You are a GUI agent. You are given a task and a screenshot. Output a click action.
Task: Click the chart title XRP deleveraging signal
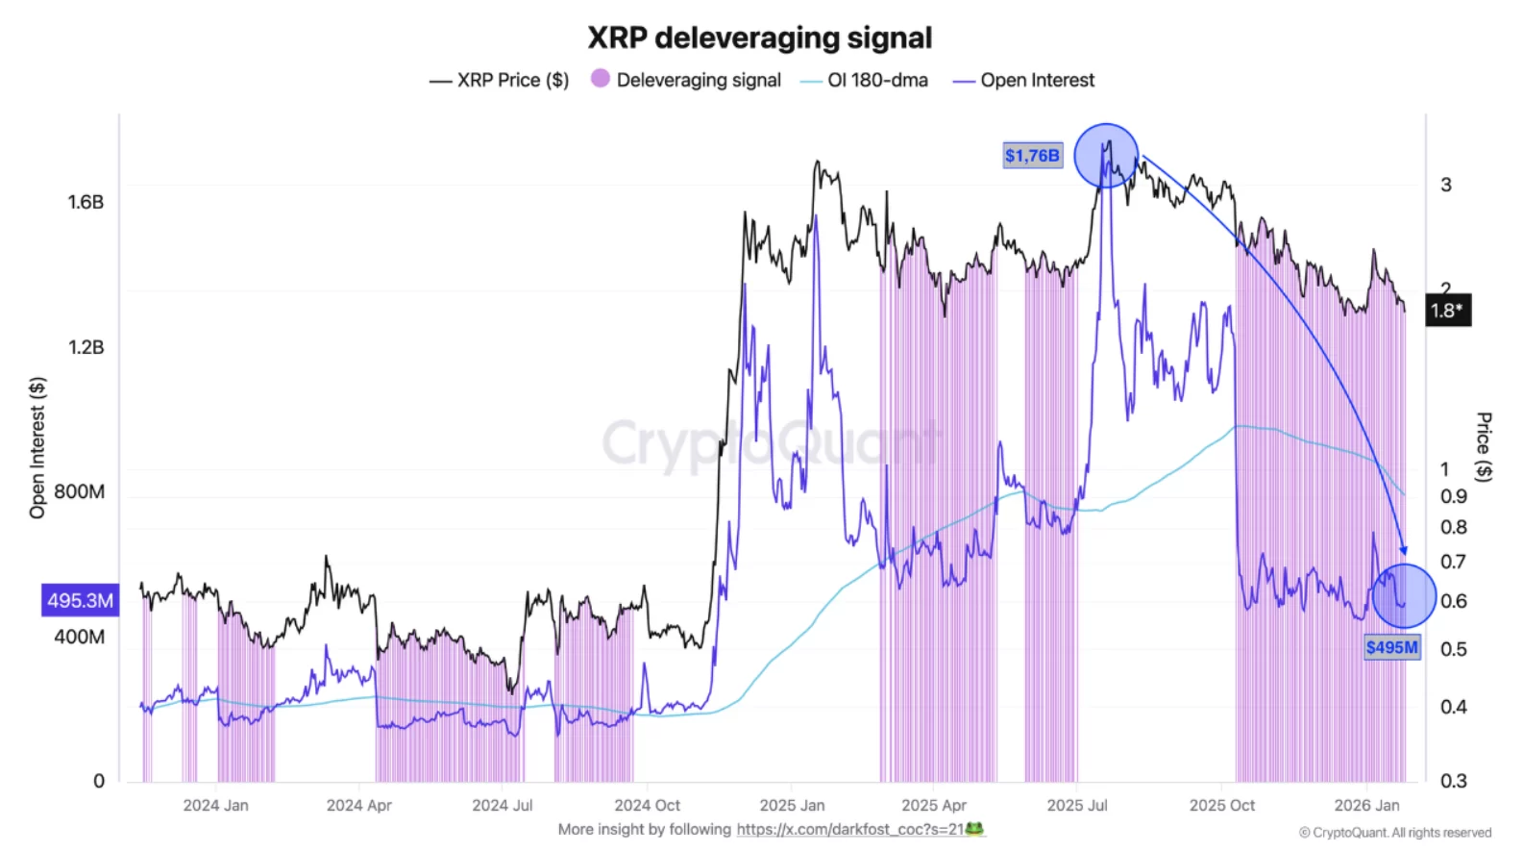[x=759, y=38]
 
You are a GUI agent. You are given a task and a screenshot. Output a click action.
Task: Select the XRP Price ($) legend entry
[x=500, y=81]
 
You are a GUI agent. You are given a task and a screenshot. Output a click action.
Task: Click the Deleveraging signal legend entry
[x=686, y=80]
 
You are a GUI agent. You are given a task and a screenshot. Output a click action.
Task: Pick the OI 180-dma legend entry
[x=864, y=81]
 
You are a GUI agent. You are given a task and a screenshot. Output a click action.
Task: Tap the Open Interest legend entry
[x=1023, y=81]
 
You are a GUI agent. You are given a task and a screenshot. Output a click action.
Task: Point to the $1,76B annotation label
[x=1032, y=156]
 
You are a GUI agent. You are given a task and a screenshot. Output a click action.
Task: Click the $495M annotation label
[x=1391, y=647]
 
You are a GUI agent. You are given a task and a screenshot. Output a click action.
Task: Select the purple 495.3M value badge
[x=80, y=600]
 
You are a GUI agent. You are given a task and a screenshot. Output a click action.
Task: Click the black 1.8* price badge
[x=1446, y=311]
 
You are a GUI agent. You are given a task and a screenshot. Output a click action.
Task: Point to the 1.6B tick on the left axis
[x=86, y=202]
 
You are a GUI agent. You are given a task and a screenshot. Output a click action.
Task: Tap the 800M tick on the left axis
[x=80, y=491]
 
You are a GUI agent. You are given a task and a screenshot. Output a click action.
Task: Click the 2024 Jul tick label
[x=502, y=805]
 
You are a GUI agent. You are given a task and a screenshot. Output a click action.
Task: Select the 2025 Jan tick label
[x=792, y=805]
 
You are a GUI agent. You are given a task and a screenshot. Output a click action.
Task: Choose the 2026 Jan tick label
[x=1366, y=805]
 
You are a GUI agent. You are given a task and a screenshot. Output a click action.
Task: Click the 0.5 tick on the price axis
[x=1453, y=649]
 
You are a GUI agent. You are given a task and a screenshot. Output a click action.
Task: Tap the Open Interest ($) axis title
[x=37, y=447]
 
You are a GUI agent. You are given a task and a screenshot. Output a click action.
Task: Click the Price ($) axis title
[x=1484, y=446]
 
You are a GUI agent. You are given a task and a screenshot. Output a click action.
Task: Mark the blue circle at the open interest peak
[x=1106, y=155]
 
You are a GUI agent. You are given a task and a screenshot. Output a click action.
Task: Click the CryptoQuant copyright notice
[x=1395, y=833]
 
